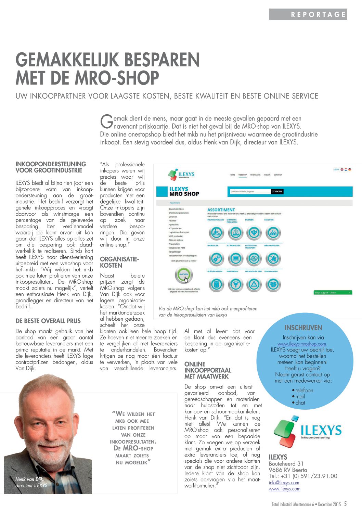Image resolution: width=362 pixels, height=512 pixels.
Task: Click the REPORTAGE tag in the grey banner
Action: click(x=318, y=14)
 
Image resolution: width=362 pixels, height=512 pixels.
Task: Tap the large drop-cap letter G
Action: click(x=106, y=121)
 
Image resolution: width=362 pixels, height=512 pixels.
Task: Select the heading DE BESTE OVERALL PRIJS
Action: click(x=48, y=321)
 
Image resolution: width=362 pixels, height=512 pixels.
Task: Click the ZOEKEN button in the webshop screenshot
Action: click(x=277, y=192)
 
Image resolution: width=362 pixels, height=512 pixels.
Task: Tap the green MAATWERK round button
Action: click(x=184, y=274)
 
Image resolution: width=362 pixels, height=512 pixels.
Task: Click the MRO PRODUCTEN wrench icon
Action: click(x=273, y=259)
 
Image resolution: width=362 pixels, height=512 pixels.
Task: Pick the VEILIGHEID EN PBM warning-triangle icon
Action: click(x=254, y=284)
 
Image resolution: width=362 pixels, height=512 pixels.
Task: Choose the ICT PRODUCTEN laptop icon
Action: click(x=235, y=259)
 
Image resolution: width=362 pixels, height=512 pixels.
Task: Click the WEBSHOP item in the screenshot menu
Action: click(x=243, y=175)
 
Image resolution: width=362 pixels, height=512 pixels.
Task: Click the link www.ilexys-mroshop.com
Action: click(x=302, y=344)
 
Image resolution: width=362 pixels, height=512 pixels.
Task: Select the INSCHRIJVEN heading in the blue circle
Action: click(x=303, y=328)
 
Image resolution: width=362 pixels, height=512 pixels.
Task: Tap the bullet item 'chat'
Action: click(x=300, y=402)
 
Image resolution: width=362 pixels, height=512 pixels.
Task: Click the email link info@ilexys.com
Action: click(x=284, y=483)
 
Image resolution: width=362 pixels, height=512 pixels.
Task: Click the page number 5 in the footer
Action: click(x=345, y=504)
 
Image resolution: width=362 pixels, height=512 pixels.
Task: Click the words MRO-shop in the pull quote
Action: click(x=133, y=448)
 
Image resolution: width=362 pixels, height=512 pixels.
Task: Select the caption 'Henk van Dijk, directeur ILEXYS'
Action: click(x=31, y=482)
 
